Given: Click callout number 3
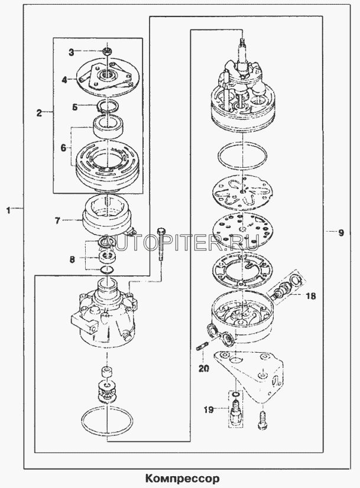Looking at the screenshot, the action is click(x=72, y=52).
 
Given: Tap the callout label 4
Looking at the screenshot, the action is click(x=64, y=80).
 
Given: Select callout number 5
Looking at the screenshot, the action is click(x=74, y=107).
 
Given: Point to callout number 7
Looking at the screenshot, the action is click(x=57, y=220).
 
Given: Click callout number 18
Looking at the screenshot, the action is click(x=311, y=295).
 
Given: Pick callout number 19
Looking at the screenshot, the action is click(x=209, y=409).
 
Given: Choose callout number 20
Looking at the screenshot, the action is click(x=204, y=369).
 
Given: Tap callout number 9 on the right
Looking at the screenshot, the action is click(x=341, y=233).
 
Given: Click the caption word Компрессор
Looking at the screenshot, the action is click(x=182, y=478).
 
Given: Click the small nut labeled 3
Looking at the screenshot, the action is click(x=107, y=50).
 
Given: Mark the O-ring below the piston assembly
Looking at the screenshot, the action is click(x=242, y=158).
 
